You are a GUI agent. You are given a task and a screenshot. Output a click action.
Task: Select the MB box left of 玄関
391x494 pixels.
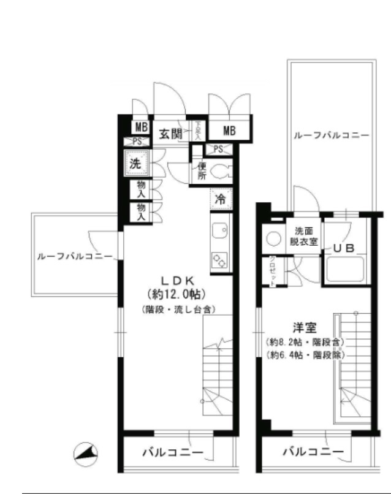point(141,127)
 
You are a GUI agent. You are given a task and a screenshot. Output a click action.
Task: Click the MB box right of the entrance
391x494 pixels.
point(229,131)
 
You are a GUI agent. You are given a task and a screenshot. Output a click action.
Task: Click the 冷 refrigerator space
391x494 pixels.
point(221,199)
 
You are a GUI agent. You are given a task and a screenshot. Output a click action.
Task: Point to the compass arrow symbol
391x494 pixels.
point(86,454)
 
